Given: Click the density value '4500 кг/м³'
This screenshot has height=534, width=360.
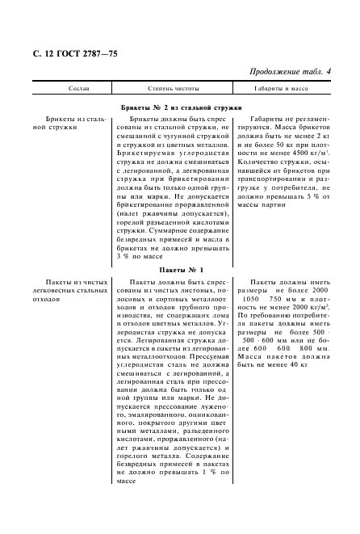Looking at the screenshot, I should tap(306, 152).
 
